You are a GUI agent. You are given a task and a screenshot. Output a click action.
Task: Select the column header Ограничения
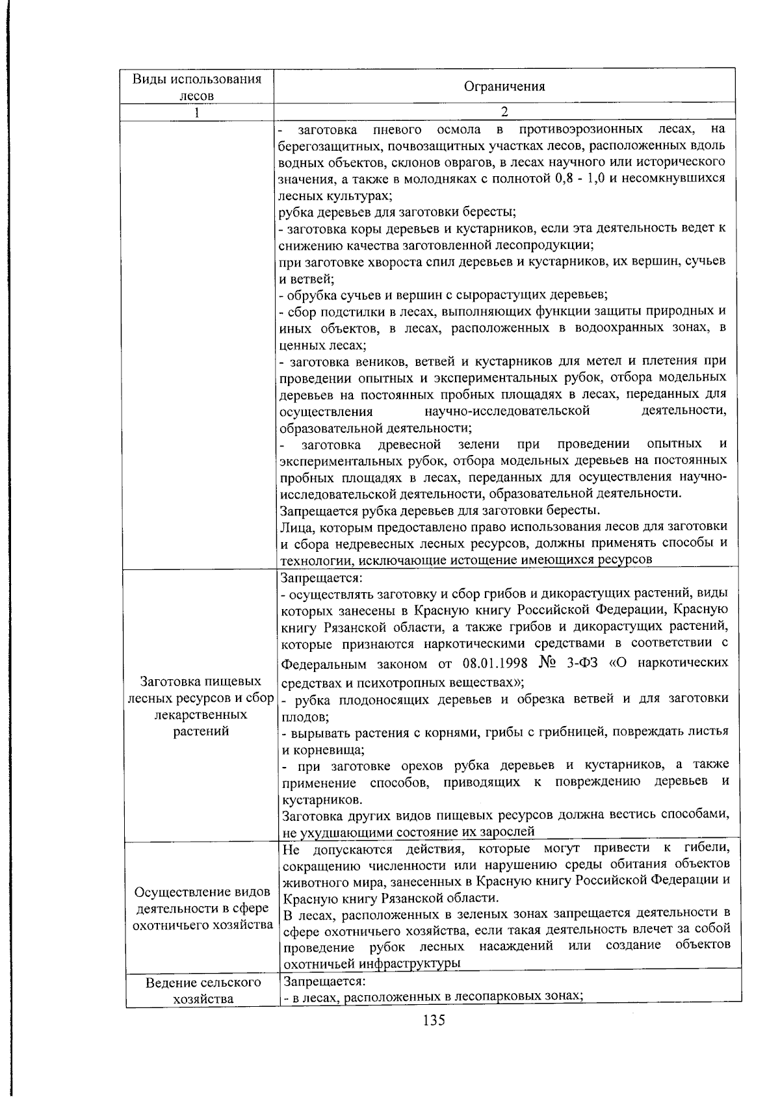[504, 86]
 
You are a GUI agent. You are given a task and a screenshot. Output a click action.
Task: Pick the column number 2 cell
[504, 112]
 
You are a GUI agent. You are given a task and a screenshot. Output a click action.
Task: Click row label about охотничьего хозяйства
[202, 908]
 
